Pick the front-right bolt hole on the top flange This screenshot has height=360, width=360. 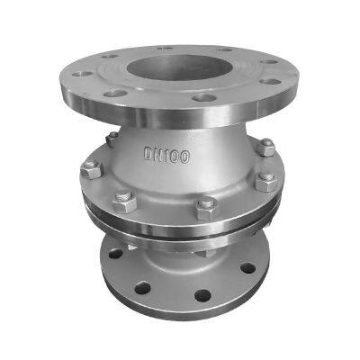click(205, 96)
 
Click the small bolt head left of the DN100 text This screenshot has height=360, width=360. click(111, 139)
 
